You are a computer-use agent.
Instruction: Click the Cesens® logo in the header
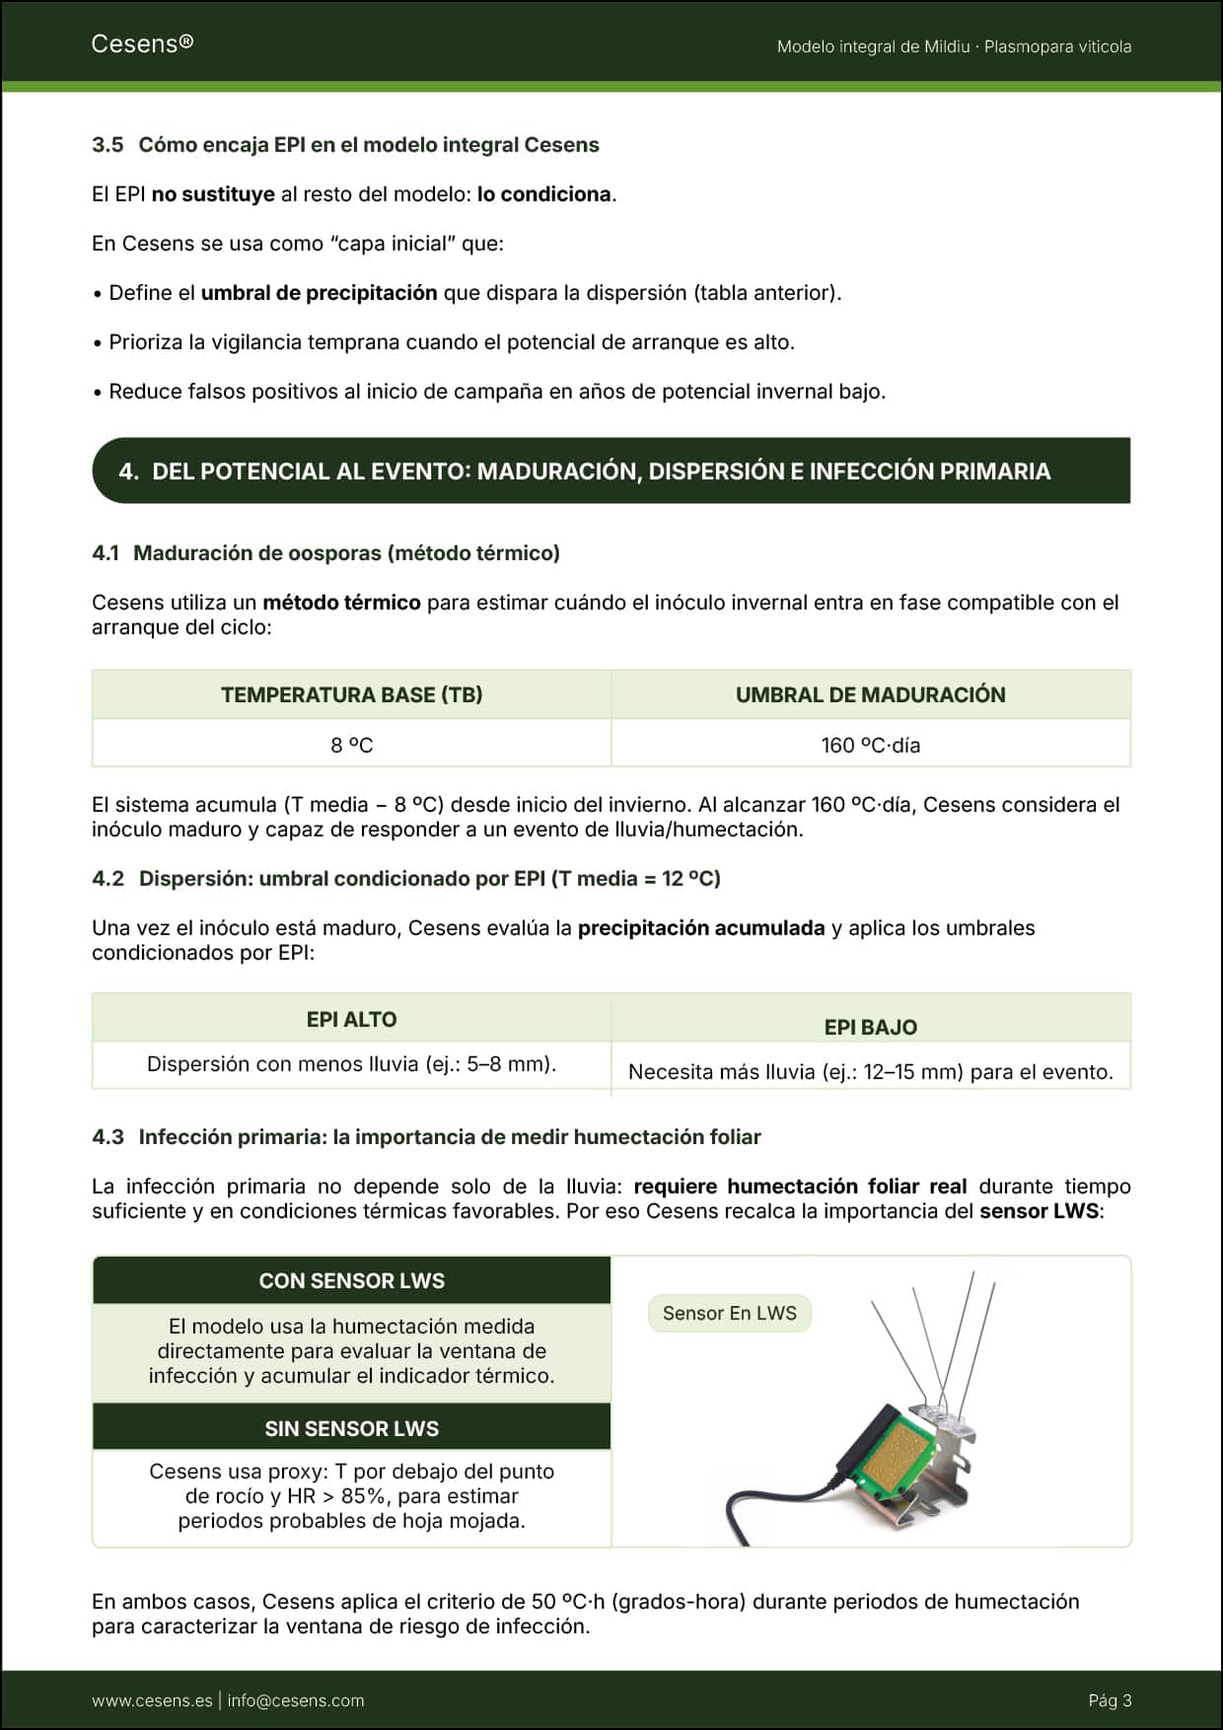(142, 43)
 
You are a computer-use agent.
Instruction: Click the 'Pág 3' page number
(1110, 1700)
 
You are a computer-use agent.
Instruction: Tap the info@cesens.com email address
(296, 1700)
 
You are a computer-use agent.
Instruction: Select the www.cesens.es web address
(152, 1700)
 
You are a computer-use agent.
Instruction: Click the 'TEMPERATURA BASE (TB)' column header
(351, 694)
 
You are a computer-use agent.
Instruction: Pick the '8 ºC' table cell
(351, 745)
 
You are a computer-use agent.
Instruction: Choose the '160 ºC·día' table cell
(870, 745)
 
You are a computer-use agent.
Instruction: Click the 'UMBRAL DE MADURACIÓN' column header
(870, 694)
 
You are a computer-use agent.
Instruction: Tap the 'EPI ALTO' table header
(351, 1019)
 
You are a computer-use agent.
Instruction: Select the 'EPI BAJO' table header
(870, 1027)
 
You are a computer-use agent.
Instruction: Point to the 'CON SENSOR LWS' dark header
(351, 1280)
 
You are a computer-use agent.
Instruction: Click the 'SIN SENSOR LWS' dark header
(351, 1428)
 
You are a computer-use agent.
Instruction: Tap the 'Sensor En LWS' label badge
(729, 1313)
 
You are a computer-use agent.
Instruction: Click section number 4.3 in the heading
(108, 1137)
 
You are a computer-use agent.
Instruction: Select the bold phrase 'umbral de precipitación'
(319, 293)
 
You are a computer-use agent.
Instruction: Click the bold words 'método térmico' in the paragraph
(341, 603)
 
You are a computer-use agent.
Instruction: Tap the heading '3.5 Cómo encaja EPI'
(345, 145)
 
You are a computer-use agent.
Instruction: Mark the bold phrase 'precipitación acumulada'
(700, 928)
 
